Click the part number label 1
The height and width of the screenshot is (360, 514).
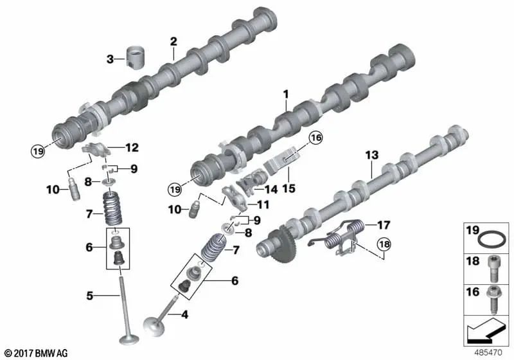point(286,94)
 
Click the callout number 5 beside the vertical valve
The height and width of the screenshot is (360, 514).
point(91,296)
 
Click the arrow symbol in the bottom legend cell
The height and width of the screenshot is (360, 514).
point(485,332)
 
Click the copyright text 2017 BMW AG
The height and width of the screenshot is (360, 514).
point(35,353)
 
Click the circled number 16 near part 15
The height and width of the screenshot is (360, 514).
point(315,137)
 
